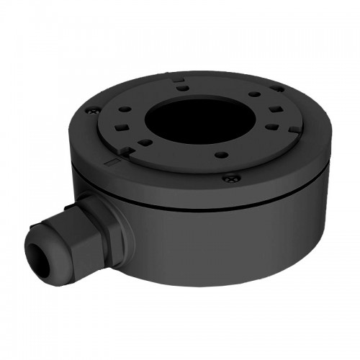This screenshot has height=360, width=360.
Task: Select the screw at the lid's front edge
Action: (x=229, y=178)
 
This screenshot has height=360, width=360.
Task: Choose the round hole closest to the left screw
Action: (x=125, y=110)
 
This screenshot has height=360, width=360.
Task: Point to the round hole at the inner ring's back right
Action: (x=253, y=94)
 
